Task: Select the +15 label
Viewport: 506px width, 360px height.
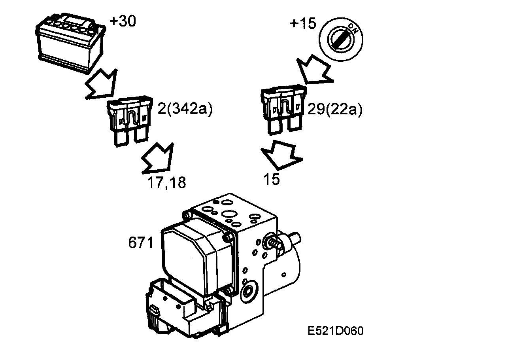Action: tap(303, 24)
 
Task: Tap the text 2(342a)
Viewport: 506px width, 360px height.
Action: tap(185, 109)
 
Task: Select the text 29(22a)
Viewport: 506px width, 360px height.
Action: tap(334, 109)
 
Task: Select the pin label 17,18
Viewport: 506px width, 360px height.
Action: tap(166, 182)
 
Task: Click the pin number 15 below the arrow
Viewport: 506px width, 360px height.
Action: tap(272, 179)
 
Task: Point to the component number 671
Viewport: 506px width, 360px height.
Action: tap(140, 243)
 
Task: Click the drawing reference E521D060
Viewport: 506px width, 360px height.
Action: tap(336, 331)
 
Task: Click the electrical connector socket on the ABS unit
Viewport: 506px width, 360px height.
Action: tap(166, 309)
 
